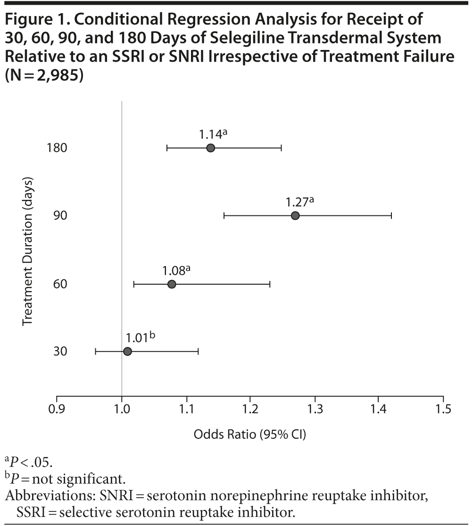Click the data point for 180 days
pyautogui.click(x=210, y=148)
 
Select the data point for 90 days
pyautogui.click(x=295, y=216)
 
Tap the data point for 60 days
pyautogui.click(x=172, y=284)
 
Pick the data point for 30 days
pyautogui.click(x=127, y=352)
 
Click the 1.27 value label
pyautogui.click(x=297, y=202)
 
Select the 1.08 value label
pyautogui.click(x=174, y=271)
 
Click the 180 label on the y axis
pyautogui.click(x=57, y=148)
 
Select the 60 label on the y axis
pyautogui.click(x=61, y=284)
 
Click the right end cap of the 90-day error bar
pyautogui.click(x=391, y=216)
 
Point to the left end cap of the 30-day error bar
pyautogui.click(x=96, y=352)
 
